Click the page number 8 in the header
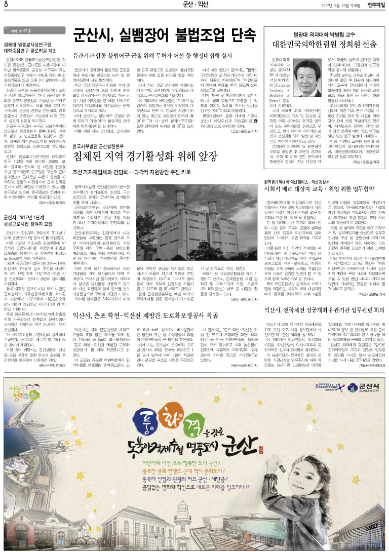6,5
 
